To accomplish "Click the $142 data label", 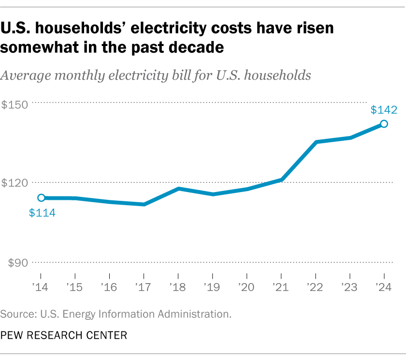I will tap(384, 110).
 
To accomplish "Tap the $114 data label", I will tap(42, 212).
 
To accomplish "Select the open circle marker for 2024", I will tap(384, 124).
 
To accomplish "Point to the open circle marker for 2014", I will tap(42, 197).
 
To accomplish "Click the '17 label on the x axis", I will tap(144, 287).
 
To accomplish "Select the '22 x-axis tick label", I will tap(315, 287).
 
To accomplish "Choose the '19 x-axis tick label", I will tap(212, 287).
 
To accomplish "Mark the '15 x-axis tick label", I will tap(75, 287).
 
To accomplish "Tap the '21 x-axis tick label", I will tap(281, 287).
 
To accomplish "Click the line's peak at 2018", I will tap(178, 188).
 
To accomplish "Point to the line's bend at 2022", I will tap(316, 142).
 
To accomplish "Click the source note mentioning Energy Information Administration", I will tap(116, 314).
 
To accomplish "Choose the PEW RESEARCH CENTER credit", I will tap(64, 335).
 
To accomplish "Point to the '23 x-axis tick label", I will tap(349, 287).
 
